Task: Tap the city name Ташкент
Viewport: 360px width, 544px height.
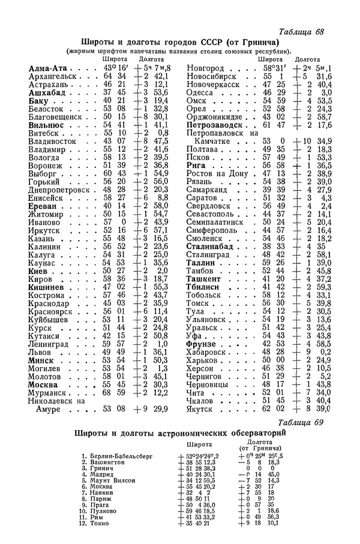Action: coord(205,279)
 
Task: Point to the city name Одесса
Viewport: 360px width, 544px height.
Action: coord(200,93)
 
